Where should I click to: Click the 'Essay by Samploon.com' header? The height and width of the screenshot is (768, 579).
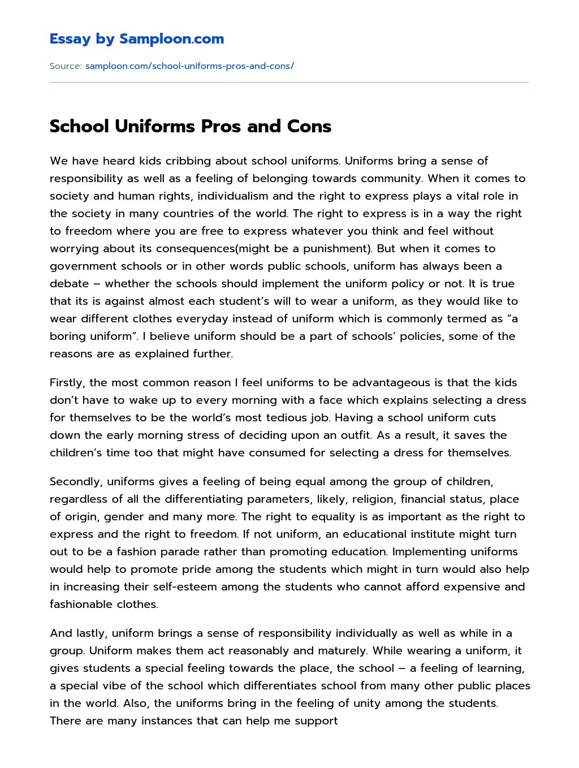[137, 39]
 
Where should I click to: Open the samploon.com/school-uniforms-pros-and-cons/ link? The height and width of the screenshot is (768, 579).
[189, 66]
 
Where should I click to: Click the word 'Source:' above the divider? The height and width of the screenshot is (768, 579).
[66, 66]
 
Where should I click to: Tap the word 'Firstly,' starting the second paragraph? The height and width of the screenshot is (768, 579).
[67, 383]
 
